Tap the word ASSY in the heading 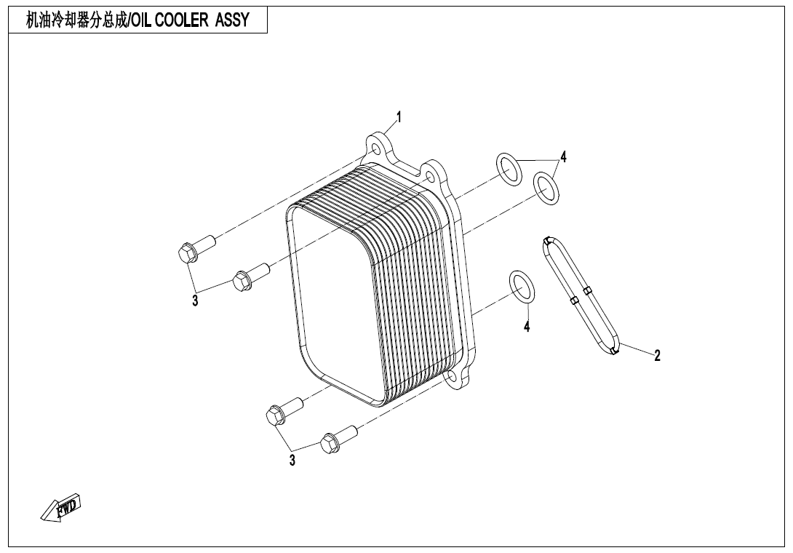231,20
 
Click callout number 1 399,116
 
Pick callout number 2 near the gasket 657,355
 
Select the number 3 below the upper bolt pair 195,301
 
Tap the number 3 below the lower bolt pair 292,460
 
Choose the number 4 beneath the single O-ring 527,327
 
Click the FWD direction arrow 61,507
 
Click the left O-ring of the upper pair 509,168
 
